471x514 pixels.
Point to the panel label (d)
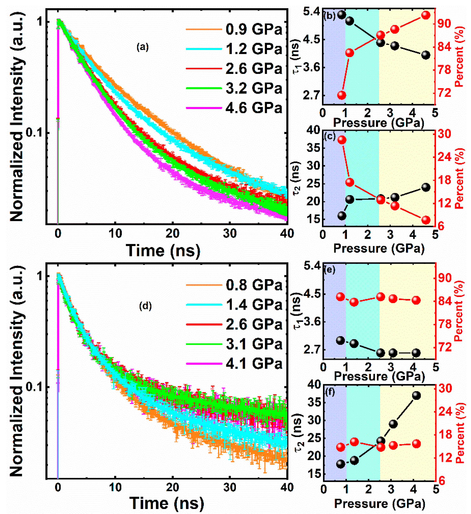[x=145, y=306]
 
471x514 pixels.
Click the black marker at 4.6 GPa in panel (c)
[x=426, y=187]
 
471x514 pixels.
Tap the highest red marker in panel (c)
[x=342, y=140]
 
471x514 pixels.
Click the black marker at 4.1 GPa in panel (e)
[x=416, y=353]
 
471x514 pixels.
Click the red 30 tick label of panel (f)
[x=445, y=389]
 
